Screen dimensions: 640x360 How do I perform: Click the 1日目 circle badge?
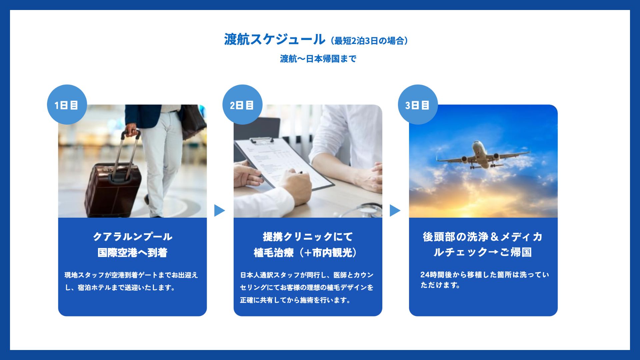coord(67,105)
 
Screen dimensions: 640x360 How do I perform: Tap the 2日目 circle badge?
coord(242,105)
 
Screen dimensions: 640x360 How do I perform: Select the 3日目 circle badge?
coord(418,105)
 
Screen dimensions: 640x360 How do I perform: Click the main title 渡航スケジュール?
coord(274,39)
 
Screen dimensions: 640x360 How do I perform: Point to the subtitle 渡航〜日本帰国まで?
coord(318,59)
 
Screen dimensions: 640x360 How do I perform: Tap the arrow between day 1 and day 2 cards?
coord(219,210)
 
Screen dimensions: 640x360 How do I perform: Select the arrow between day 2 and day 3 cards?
coord(395,210)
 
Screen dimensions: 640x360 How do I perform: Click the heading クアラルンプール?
coord(132,237)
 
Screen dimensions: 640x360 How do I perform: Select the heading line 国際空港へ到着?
coord(132,253)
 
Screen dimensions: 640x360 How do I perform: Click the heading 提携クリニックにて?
coord(308,237)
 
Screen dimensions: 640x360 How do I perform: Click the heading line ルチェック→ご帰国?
coord(483,252)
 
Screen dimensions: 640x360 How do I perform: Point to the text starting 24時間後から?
coord(484,280)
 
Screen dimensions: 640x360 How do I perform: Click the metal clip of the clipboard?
coord(262,141)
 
